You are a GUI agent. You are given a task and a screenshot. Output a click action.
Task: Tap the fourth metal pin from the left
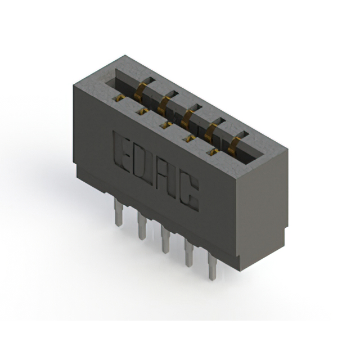pyautogui.click(x=188, y=254)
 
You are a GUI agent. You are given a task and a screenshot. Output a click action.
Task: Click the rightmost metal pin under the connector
pyautogui.click(x=211, y=268)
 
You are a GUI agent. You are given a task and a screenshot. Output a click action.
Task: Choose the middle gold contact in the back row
pyautogui.click(x=188, y=115)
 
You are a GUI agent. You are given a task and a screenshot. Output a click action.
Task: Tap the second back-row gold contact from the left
pyautogui.click(x=165, y=102)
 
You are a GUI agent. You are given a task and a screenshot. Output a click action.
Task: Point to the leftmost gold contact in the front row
pyautogui.click(x=120, y=98)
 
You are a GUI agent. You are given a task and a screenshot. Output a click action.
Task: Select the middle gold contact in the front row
pyautogui.click(x=166, y=124)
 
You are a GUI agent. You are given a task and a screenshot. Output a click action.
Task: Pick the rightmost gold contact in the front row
pyautogui.click(x=212, y=151)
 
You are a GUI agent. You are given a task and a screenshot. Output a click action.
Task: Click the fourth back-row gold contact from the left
pyautogui.click(x=212, y=129)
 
